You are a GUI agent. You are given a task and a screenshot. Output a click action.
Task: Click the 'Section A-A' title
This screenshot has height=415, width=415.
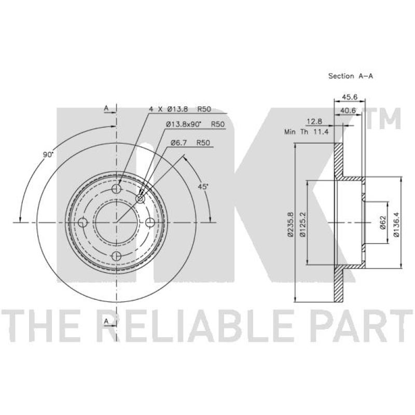(351, 76)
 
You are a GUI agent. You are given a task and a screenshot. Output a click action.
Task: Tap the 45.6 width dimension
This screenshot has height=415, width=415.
(350, 97)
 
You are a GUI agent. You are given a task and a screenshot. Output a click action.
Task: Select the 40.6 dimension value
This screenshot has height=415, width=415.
(348, 110)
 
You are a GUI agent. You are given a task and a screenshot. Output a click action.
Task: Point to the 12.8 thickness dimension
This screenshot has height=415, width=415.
(314, 121)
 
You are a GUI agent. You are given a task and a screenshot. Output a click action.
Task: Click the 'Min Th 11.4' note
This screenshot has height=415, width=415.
(307, 132)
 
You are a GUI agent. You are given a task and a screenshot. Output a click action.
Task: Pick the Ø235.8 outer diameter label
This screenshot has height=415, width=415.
(290, 224)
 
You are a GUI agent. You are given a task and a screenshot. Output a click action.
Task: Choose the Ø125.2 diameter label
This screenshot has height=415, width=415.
(302, 224)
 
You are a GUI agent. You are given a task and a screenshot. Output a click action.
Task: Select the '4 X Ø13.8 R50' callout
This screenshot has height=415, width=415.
(180, 109)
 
